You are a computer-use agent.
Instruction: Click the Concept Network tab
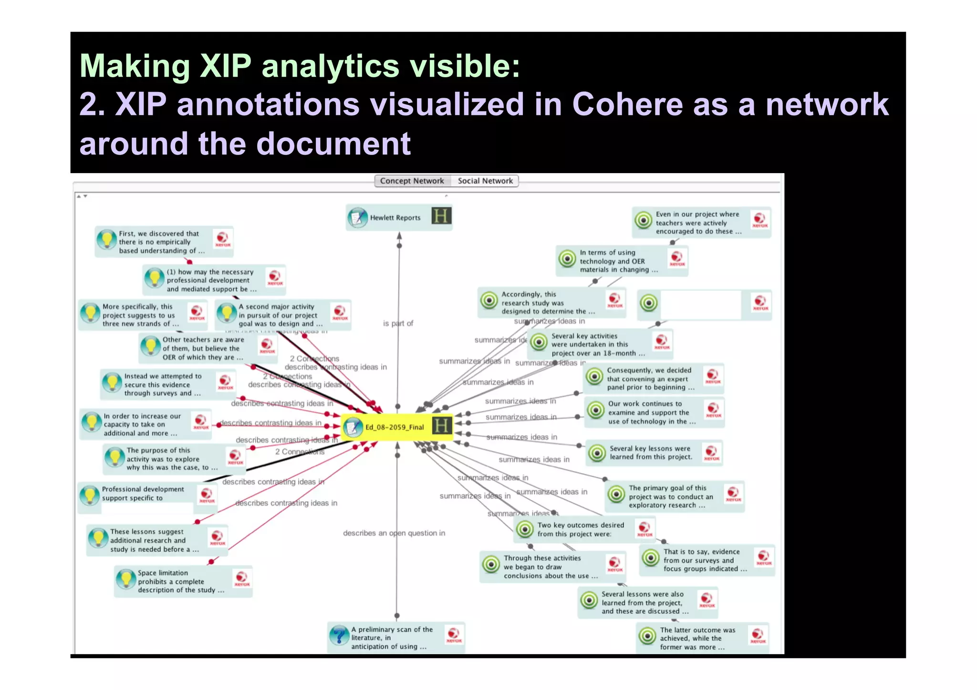click(x=412, y=181)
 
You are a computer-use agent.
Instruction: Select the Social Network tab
click(x=485, y=181)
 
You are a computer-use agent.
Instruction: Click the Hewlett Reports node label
click(x=395, y=218)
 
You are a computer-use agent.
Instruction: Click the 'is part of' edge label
click(x=398, y=323)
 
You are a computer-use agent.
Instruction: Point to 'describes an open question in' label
click(x=394, y=533)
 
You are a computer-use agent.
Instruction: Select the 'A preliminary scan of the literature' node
click(x=392, y=638)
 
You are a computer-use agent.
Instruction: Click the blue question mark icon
click(x=339, y=636)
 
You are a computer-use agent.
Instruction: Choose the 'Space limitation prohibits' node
click(x=180, y=581)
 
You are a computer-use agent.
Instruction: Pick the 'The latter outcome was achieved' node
click(x=697, y=639)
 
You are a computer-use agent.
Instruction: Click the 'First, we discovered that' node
click(x=161, y=242)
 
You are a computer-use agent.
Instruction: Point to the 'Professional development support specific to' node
click(x=143, y=494)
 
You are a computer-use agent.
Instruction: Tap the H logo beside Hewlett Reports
click(x=441, y=216)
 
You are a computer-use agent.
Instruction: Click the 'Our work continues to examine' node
click(x=651, y=412)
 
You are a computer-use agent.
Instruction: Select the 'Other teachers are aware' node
click(x=203, y=349)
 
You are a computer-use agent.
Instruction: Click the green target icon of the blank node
click(x=649, y=303)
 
